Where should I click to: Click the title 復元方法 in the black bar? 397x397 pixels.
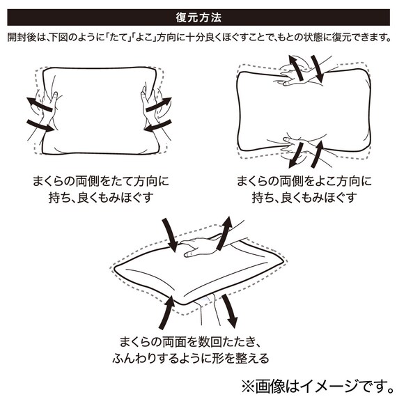(198, 15)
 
